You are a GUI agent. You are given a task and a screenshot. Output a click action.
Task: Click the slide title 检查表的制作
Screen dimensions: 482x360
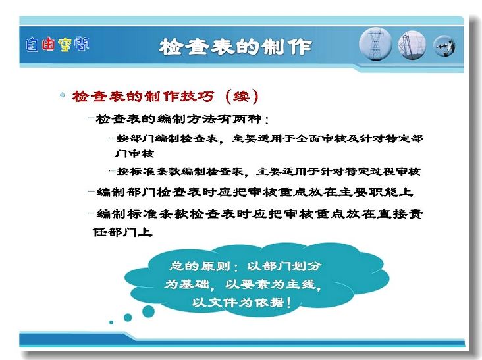point(236,47)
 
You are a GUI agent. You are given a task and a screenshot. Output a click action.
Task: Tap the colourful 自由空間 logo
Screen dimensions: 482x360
point(57,44)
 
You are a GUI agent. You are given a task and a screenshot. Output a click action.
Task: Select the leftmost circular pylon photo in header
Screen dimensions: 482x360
point(375,44)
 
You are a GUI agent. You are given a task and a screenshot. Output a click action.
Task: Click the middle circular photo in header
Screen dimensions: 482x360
point(412,45)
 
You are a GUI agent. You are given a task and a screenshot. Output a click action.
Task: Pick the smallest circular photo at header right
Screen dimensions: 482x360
point(444,46)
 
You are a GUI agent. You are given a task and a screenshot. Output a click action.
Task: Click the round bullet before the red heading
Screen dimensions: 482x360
point(63,95)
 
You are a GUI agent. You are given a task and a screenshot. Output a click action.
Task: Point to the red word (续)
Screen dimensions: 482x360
point(242,97)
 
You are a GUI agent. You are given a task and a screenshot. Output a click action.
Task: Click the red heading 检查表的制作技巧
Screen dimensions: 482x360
point(143,97)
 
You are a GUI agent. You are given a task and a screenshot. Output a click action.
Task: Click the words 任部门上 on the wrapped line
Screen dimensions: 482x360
point(122,232)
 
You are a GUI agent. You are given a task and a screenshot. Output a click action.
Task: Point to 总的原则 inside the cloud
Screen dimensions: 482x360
point(200,266)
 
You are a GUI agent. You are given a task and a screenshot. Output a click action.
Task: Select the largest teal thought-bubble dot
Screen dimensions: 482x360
point(148,311)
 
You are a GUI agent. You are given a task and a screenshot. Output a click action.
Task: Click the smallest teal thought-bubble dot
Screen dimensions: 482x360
point(111,322)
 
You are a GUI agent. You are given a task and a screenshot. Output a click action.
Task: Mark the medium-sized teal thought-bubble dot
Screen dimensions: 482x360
point(128,317)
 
